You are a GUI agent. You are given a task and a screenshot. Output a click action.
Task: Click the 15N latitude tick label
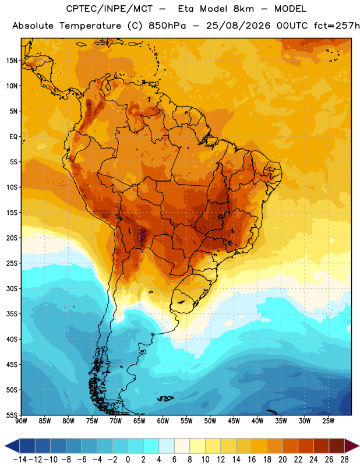coord(12,61)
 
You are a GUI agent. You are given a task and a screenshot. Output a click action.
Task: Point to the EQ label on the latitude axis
coord(13,137)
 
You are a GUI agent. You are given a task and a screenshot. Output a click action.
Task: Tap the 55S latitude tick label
coord(12,415)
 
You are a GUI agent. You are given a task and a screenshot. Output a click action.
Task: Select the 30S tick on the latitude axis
coord(12,288)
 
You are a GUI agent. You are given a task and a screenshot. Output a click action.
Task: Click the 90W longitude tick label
coord(21,421)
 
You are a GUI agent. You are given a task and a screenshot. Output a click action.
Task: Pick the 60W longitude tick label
coord(163,421)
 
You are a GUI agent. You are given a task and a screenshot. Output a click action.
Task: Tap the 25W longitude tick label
coord(328,421)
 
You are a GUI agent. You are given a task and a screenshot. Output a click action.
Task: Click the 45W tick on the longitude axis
coord(234,421)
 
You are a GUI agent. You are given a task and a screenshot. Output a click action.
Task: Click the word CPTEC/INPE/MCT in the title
coord(110,9)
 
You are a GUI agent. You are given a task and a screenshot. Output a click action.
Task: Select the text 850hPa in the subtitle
coord(167,26)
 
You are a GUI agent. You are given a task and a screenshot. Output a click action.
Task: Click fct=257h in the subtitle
coord(337,26)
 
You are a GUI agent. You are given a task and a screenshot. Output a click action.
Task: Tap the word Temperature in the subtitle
coord(90,26)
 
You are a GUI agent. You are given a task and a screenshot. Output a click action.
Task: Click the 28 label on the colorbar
coord(344,460)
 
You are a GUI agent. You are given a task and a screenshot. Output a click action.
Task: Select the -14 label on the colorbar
coord(20,460)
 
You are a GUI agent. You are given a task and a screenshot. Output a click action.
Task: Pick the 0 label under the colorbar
coord(128,460)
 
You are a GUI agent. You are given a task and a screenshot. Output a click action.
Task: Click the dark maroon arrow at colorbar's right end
coord(352,446)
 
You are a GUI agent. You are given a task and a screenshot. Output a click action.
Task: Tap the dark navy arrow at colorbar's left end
coord(12,446)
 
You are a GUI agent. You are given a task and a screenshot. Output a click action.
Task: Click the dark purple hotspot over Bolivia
coord(143,235)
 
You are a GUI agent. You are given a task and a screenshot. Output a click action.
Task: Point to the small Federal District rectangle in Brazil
coord(221,217)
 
